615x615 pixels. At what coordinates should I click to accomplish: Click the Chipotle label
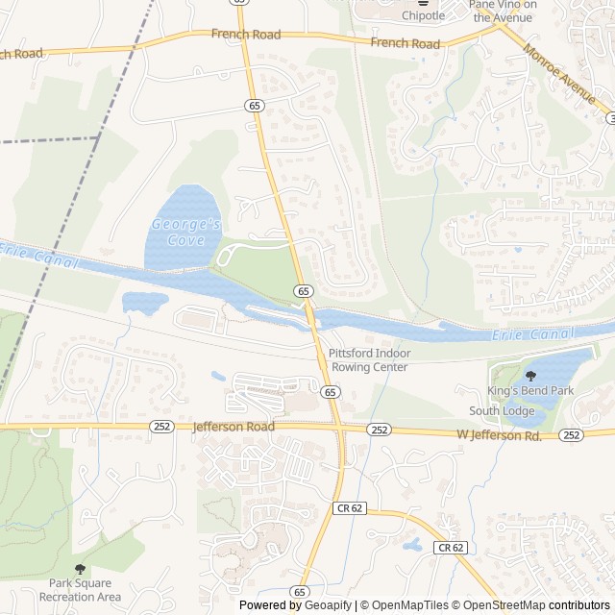423,15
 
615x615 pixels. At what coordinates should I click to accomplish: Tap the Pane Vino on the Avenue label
503,10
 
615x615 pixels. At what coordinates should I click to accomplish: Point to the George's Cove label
186,232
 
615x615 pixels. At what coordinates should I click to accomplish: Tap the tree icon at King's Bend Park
531,375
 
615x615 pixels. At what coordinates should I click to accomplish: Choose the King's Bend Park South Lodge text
529,401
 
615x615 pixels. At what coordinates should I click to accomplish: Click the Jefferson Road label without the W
234,427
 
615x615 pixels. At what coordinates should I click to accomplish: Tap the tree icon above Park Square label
80,569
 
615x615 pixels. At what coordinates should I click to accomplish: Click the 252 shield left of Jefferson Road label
161,427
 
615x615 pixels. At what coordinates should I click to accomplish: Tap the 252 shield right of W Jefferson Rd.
572,435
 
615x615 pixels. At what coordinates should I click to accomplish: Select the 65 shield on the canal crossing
304,290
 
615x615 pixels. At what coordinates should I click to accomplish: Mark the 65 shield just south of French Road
252,105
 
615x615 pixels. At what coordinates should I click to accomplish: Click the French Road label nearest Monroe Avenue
405,43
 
